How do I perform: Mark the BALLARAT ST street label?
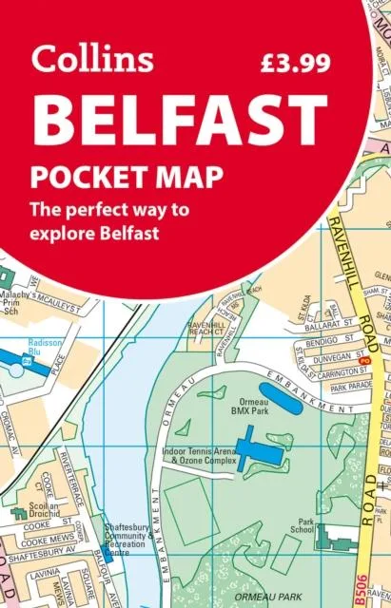click(x=340, y=323)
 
